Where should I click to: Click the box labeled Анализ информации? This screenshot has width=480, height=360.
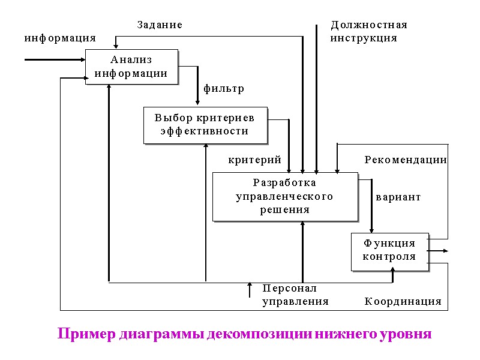point(131,67)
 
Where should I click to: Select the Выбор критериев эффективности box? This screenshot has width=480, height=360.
point(205,125)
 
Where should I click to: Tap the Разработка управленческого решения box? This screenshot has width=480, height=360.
point(285,196)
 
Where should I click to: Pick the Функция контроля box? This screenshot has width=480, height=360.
point(389,250)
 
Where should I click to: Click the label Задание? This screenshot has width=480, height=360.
point(160,25)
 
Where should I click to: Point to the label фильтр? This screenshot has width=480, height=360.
point(224,89)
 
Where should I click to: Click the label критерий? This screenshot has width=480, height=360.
point(255,160)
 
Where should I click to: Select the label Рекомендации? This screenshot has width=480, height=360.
point(406,160)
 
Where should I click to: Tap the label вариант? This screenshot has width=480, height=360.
point(398,197)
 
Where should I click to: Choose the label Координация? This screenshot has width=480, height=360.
point(403,301)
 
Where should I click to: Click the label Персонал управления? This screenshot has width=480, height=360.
point(295,295)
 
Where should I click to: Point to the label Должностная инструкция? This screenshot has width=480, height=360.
point(368,31)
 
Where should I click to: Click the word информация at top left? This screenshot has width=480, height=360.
point(60,38)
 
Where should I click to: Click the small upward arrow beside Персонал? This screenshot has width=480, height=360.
point(250,290)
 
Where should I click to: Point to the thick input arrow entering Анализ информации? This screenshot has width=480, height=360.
point(54,59)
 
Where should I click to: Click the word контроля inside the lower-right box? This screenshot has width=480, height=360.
point(389,256)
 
